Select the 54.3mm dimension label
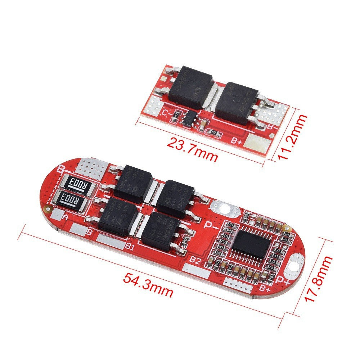click(148, 284)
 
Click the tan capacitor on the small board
click(203, 125)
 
